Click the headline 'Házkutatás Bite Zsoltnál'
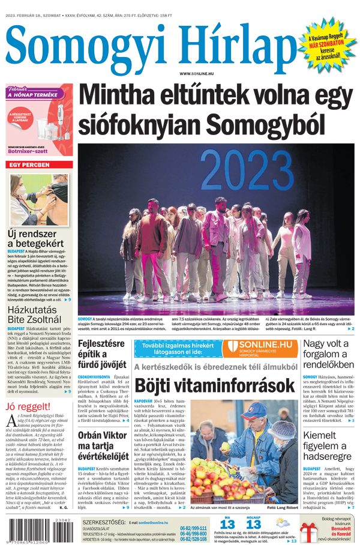(35, 316)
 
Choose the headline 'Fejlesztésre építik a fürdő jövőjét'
(102, 354)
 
